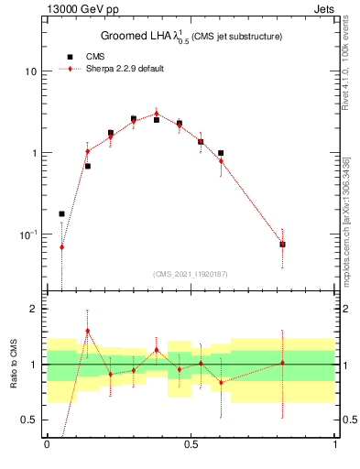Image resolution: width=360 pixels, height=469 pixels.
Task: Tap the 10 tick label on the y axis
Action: [x=30, y=71]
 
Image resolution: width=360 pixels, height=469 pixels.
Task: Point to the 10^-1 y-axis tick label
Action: [x=27, y=234]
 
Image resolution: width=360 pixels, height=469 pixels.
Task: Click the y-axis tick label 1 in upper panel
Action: [x=34, y=153]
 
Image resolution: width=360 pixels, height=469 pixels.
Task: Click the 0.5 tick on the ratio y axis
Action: [x=29, y=420]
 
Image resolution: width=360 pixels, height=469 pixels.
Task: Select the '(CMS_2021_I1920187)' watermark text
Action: [x=191, y=274]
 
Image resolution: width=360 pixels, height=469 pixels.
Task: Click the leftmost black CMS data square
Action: [x=62, y=213]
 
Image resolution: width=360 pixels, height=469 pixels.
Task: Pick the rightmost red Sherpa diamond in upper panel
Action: [x=282, y=244]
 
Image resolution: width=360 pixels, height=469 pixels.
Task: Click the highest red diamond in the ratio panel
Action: [x=87, y=331]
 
